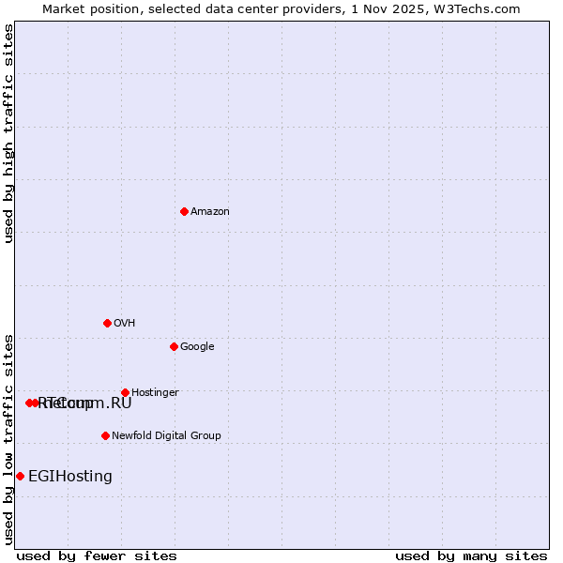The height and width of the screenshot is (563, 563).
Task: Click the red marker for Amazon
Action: point(184,211)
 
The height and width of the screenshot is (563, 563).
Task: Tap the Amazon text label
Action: point(210,212)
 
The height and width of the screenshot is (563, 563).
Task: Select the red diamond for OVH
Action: point(107,323)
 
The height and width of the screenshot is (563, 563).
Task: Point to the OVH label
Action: point(125,324)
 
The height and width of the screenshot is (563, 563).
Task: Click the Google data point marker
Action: point(174,346)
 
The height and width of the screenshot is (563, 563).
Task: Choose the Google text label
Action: point(197,347)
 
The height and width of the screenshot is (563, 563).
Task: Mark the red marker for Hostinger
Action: point(125,392)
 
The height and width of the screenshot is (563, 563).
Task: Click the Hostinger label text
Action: point(155,393)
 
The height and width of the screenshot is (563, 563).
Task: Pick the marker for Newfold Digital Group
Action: point(105,435)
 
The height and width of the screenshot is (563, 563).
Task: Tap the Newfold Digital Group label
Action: point(166,436)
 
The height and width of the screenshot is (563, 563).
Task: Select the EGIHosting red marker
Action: point(20,476)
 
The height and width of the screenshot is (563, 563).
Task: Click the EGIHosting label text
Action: point(70,477)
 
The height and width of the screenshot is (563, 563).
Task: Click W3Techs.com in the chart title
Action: point(480,9)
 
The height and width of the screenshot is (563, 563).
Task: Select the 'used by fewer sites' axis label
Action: point(97,555)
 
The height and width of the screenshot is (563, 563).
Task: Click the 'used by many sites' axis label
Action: point(471,555)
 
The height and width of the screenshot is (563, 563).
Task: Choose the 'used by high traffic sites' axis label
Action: point(9,133)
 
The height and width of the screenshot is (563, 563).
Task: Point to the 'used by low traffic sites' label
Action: point(9,438)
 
